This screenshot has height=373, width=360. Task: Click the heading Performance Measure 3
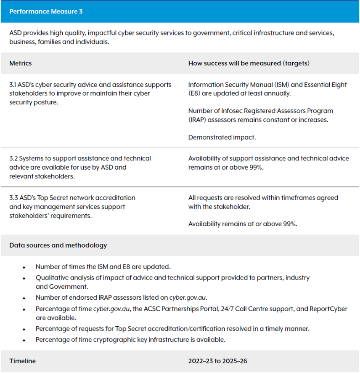46,11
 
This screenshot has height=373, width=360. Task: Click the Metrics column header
20,63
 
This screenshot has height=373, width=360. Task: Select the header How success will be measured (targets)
249,63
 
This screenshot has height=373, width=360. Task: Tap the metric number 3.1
13,85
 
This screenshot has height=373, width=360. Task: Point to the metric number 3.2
13,158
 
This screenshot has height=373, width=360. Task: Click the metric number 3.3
13,197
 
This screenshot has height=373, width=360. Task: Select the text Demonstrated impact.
222,137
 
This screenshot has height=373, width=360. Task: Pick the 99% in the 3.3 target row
290,224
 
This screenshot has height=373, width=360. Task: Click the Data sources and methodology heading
58,245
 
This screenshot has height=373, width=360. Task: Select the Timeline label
22,361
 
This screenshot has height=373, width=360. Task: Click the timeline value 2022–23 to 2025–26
221,361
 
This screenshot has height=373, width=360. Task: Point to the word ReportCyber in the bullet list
330,309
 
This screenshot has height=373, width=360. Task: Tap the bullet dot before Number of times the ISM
24,267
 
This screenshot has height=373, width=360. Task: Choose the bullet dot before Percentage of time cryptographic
24,340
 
